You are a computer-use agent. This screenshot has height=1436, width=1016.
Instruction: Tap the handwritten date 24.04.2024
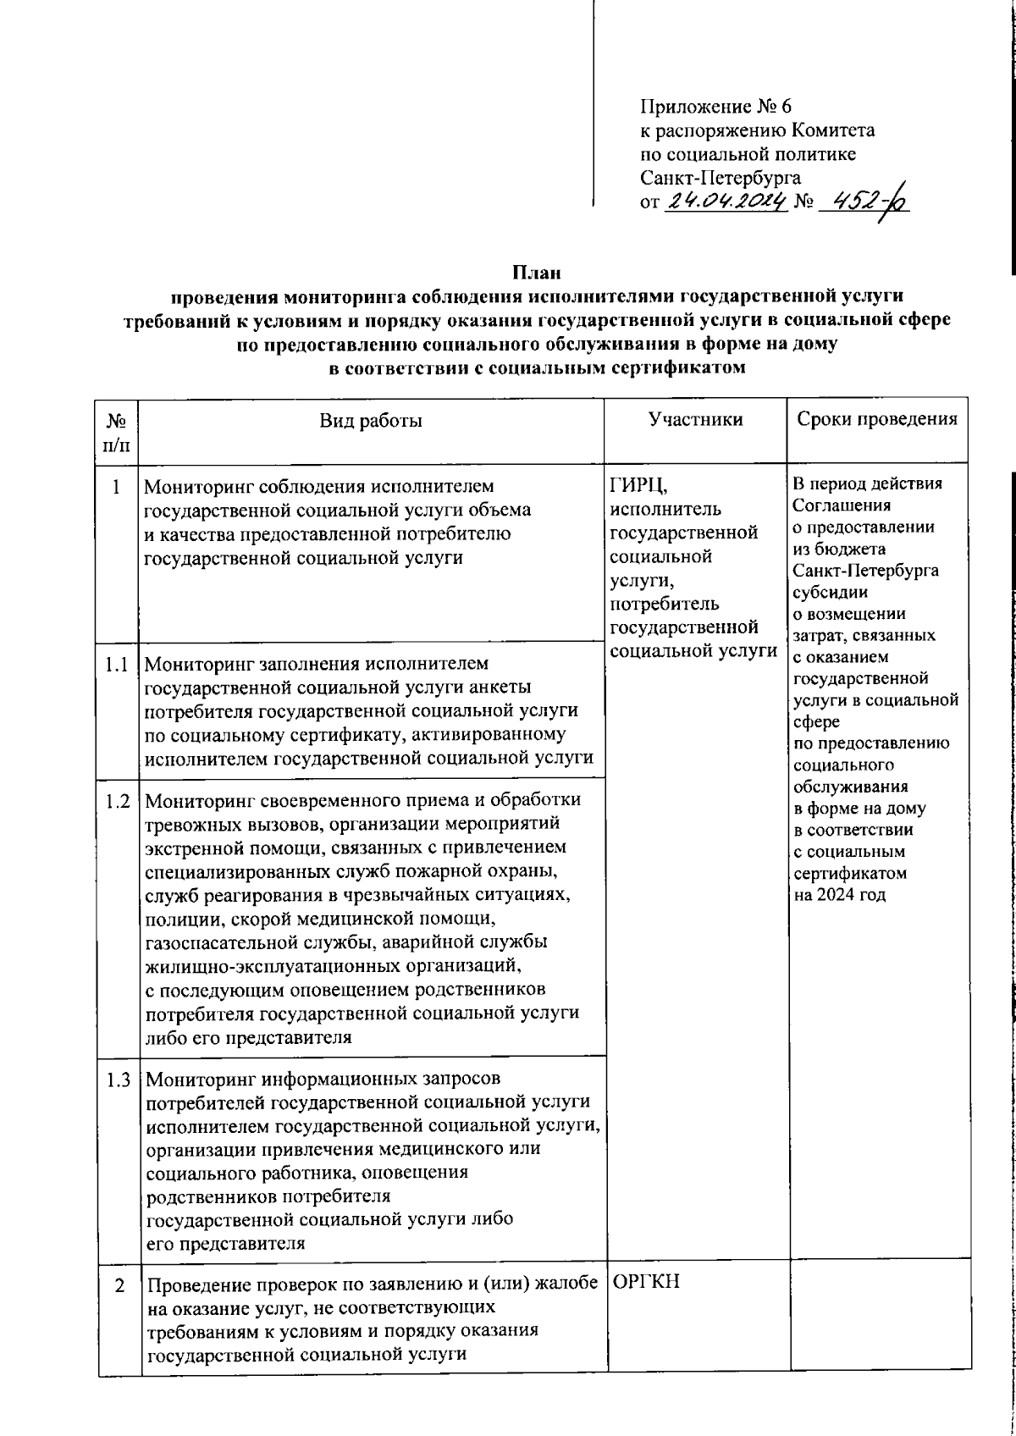click(726, 201)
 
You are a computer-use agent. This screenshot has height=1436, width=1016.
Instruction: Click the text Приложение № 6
click(715, 107)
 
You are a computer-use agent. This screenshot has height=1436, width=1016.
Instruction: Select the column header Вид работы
click(371, 420)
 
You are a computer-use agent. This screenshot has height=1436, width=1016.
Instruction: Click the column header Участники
click(695, 419)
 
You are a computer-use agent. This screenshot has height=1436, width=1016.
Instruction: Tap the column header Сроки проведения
click(877, 419)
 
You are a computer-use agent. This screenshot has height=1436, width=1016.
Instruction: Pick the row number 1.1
click(118, 666)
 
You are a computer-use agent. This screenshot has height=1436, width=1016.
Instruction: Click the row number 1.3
click(118, 1080)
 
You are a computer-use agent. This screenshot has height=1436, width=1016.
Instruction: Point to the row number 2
click(120, 1285)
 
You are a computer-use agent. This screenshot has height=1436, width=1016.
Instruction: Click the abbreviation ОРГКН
click(645, 1282)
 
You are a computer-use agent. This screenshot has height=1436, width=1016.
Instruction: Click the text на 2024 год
click(839, 895)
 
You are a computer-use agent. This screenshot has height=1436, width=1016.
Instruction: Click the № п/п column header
click(118, 432)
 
